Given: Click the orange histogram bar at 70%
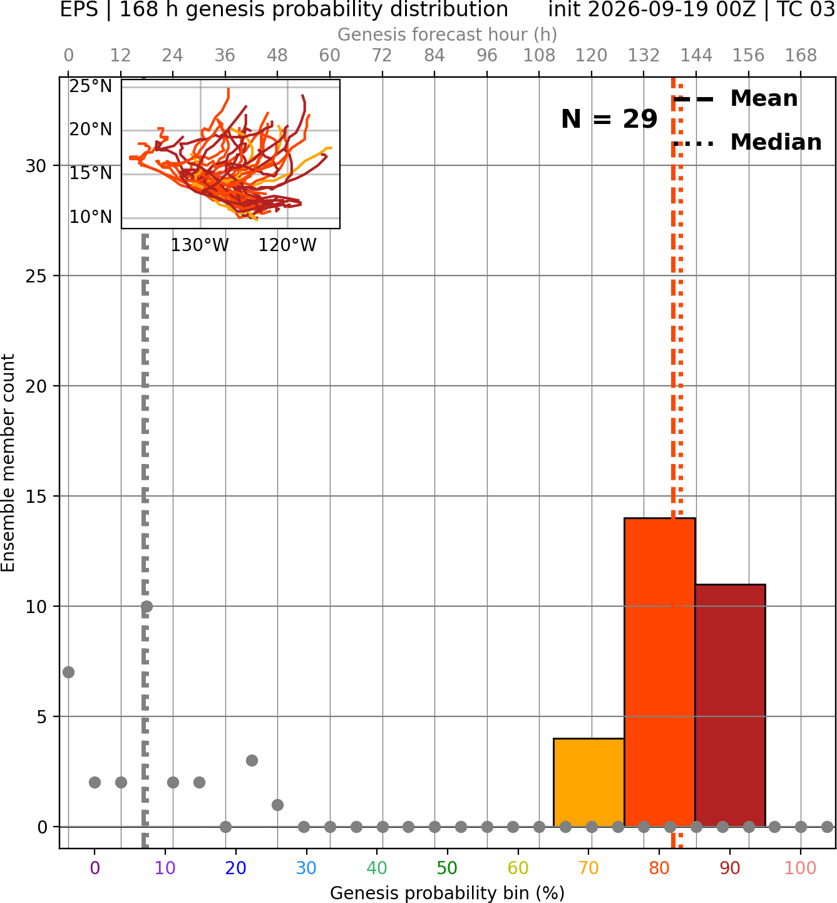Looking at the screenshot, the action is point(588,783).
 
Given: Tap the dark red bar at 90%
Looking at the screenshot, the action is point(730,705).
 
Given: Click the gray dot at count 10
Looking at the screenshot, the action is point(146,606).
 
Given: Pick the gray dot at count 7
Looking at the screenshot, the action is point(68,672).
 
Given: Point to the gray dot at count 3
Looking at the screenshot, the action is point(252,760).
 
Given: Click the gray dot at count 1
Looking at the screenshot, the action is point(277,805).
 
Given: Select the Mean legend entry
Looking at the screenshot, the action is point(735,99).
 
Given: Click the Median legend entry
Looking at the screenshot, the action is point(747,142).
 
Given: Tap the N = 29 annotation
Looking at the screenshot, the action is point(609,119).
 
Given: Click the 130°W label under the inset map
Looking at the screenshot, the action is point(200,245).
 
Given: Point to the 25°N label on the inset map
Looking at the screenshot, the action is point(91,86).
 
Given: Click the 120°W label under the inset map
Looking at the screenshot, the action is point(287,245).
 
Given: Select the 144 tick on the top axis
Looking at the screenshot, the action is point(696,56).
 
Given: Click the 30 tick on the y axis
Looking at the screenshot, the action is point(36,166).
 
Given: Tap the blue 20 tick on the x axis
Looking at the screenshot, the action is point(236,868).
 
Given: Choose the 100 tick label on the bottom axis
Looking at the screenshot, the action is point(801,868).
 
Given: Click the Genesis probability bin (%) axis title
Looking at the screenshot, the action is point(448,893).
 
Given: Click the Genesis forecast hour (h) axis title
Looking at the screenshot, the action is point(448,34).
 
